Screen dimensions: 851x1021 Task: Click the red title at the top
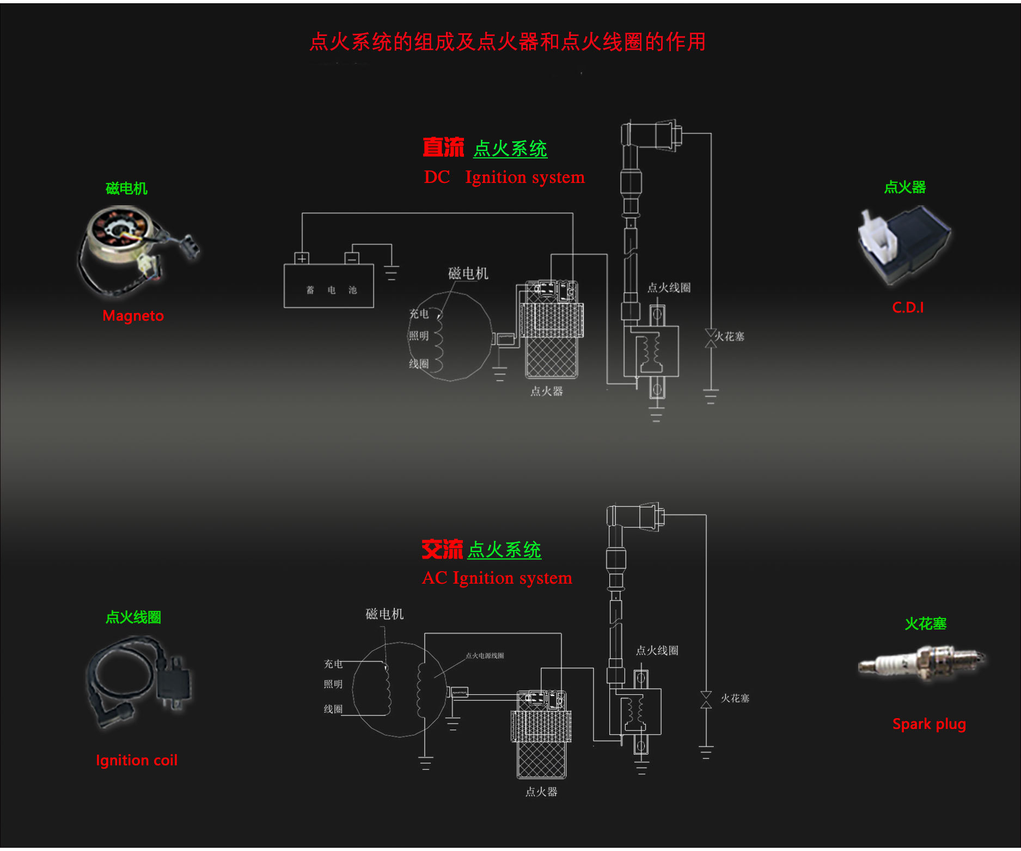click(x=508, y=42)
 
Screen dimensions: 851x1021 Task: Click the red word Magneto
click(x=133, y=316)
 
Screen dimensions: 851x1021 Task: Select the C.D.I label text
click(x=908, y=308)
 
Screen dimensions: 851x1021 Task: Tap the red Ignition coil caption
click(x=137, y=760)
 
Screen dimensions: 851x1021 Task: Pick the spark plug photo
click(x=921, y=663)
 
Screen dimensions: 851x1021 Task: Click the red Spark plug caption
click(x=929, y=724)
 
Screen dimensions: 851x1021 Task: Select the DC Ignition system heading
click(x=504, y=177)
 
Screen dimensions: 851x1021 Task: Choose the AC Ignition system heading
click(x=497, y=578)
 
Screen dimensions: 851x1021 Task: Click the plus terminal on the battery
click(x=302, y=258)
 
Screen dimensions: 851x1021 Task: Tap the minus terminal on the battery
click(x=352, y=258)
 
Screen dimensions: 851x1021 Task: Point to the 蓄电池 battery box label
click(x=331, y=290)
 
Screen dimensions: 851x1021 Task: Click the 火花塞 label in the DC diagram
click(x=729, y=336)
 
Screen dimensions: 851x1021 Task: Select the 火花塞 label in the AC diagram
click(x=735, y=698)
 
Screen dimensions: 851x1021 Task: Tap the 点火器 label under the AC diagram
click(x=541, y=792)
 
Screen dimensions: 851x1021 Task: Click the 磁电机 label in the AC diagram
click(x=384, y=614)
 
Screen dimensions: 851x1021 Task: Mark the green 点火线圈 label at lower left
click(x=133, y=617)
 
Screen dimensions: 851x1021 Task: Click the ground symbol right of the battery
click(x=391, y=272)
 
